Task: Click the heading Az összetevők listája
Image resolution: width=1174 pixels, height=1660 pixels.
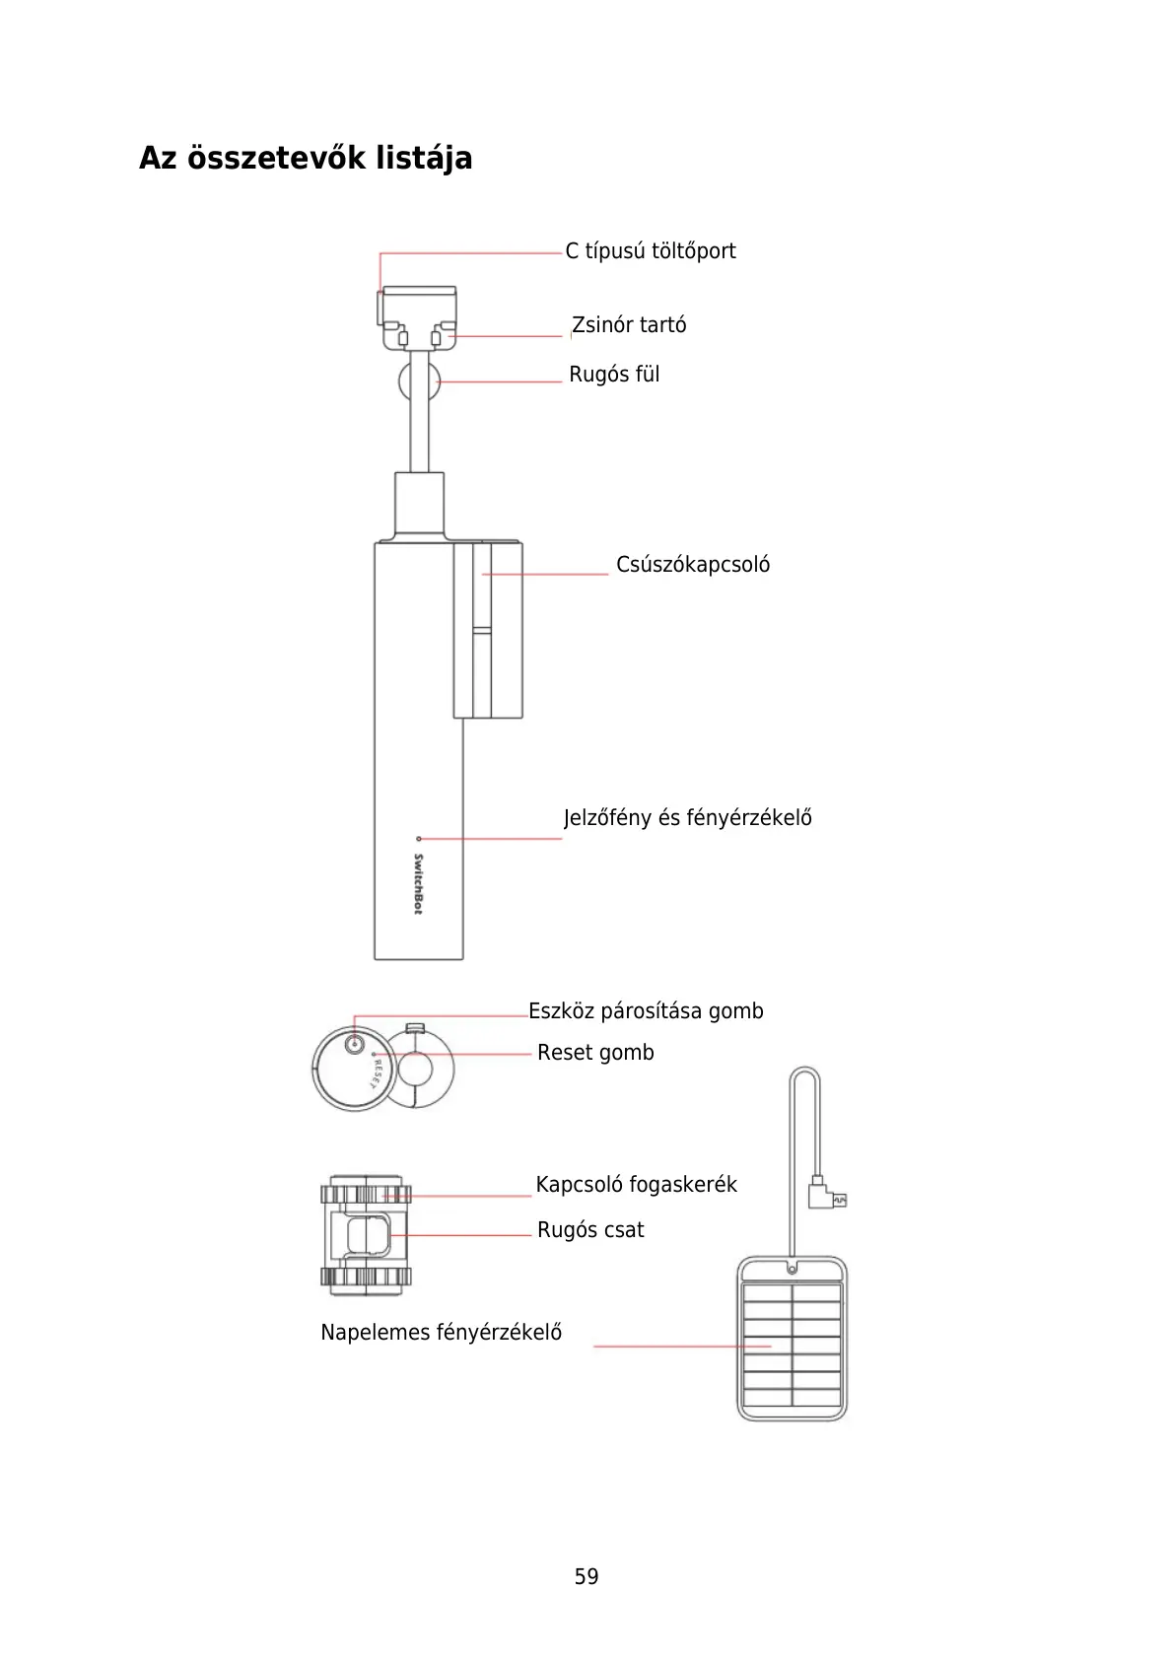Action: [306, 158]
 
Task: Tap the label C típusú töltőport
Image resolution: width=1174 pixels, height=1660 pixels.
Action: [650, 251]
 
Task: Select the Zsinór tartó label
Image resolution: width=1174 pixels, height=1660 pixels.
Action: [629, 325]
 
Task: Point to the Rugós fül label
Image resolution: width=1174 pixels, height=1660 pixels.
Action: [614, 375]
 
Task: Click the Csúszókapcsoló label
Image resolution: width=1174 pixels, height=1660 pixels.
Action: [693, 565]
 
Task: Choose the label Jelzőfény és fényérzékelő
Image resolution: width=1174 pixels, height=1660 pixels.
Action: [687, 818]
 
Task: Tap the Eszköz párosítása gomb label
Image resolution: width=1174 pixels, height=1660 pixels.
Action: [646, 1011]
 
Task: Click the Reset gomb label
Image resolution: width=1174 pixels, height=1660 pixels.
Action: [595, 1053]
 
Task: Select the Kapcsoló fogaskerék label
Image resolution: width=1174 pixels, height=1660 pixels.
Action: [636, 1185]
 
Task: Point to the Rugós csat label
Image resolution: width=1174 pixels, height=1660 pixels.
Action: [590, 1230]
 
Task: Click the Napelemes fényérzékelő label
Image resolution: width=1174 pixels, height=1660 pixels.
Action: [441, 1333]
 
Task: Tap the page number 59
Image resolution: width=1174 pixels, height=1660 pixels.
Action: [587, 1577]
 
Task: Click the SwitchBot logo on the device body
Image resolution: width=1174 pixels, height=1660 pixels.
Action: [418, 884]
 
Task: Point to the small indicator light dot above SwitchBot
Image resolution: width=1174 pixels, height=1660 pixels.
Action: [419, 839]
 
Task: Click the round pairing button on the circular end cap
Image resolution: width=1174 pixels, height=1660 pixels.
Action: [356, 1044]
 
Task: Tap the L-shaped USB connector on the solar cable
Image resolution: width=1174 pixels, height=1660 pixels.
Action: [823, 1195]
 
